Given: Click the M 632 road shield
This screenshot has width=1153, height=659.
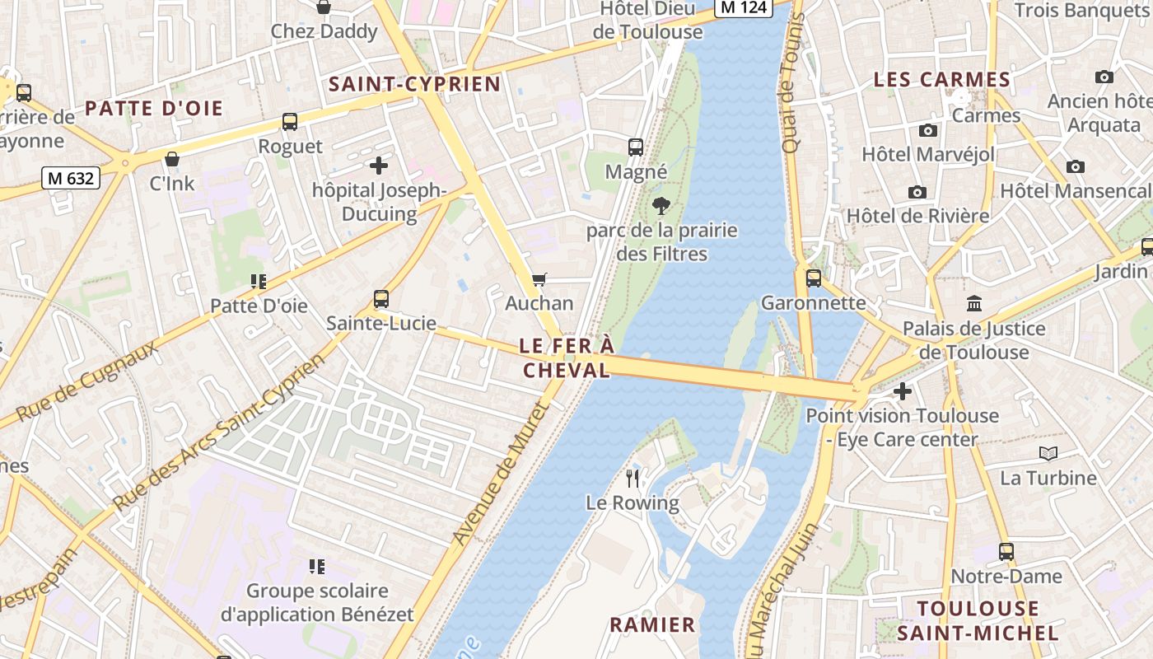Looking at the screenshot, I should (x=71, y=177).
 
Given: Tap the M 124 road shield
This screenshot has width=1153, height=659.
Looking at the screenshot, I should (x=742, y=7).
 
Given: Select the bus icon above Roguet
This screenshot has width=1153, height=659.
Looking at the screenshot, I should (x=290, y=122).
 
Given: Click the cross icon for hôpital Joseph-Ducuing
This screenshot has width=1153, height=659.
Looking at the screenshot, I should (x=379, y=166).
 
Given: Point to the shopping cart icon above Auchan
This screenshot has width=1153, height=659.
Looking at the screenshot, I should (x=539, y=280).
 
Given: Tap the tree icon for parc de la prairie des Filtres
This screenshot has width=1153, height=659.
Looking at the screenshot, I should (x=661, y=206).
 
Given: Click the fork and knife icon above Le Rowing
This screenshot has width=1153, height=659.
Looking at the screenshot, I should (x=633, y=479).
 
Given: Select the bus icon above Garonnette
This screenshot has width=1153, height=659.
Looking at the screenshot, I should (x=814, y=278).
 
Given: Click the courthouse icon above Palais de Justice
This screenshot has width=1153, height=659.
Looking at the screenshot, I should (x=975, y=304).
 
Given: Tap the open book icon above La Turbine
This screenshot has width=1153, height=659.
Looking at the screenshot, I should (x=1048, y=453).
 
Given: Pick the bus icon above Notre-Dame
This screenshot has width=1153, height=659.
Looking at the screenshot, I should (x=1006, y=552).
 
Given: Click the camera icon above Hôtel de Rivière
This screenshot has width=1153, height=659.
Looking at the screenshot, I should (x=917, y=192).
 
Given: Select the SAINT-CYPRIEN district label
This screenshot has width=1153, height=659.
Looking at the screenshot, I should (x=414, y=84).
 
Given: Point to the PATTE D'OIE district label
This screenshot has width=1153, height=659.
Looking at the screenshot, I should (x=154, y=109).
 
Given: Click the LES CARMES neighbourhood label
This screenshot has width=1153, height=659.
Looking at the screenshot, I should (x=941, y=80).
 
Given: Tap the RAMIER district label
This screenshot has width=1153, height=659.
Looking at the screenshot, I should (x=652, y=624).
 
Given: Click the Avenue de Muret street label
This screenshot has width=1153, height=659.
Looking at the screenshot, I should (x=501, y=473).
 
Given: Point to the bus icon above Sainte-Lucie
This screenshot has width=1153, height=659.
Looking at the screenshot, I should (x=381, y=299).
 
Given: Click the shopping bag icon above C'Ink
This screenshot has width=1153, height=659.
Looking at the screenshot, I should (x=172, y=159).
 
